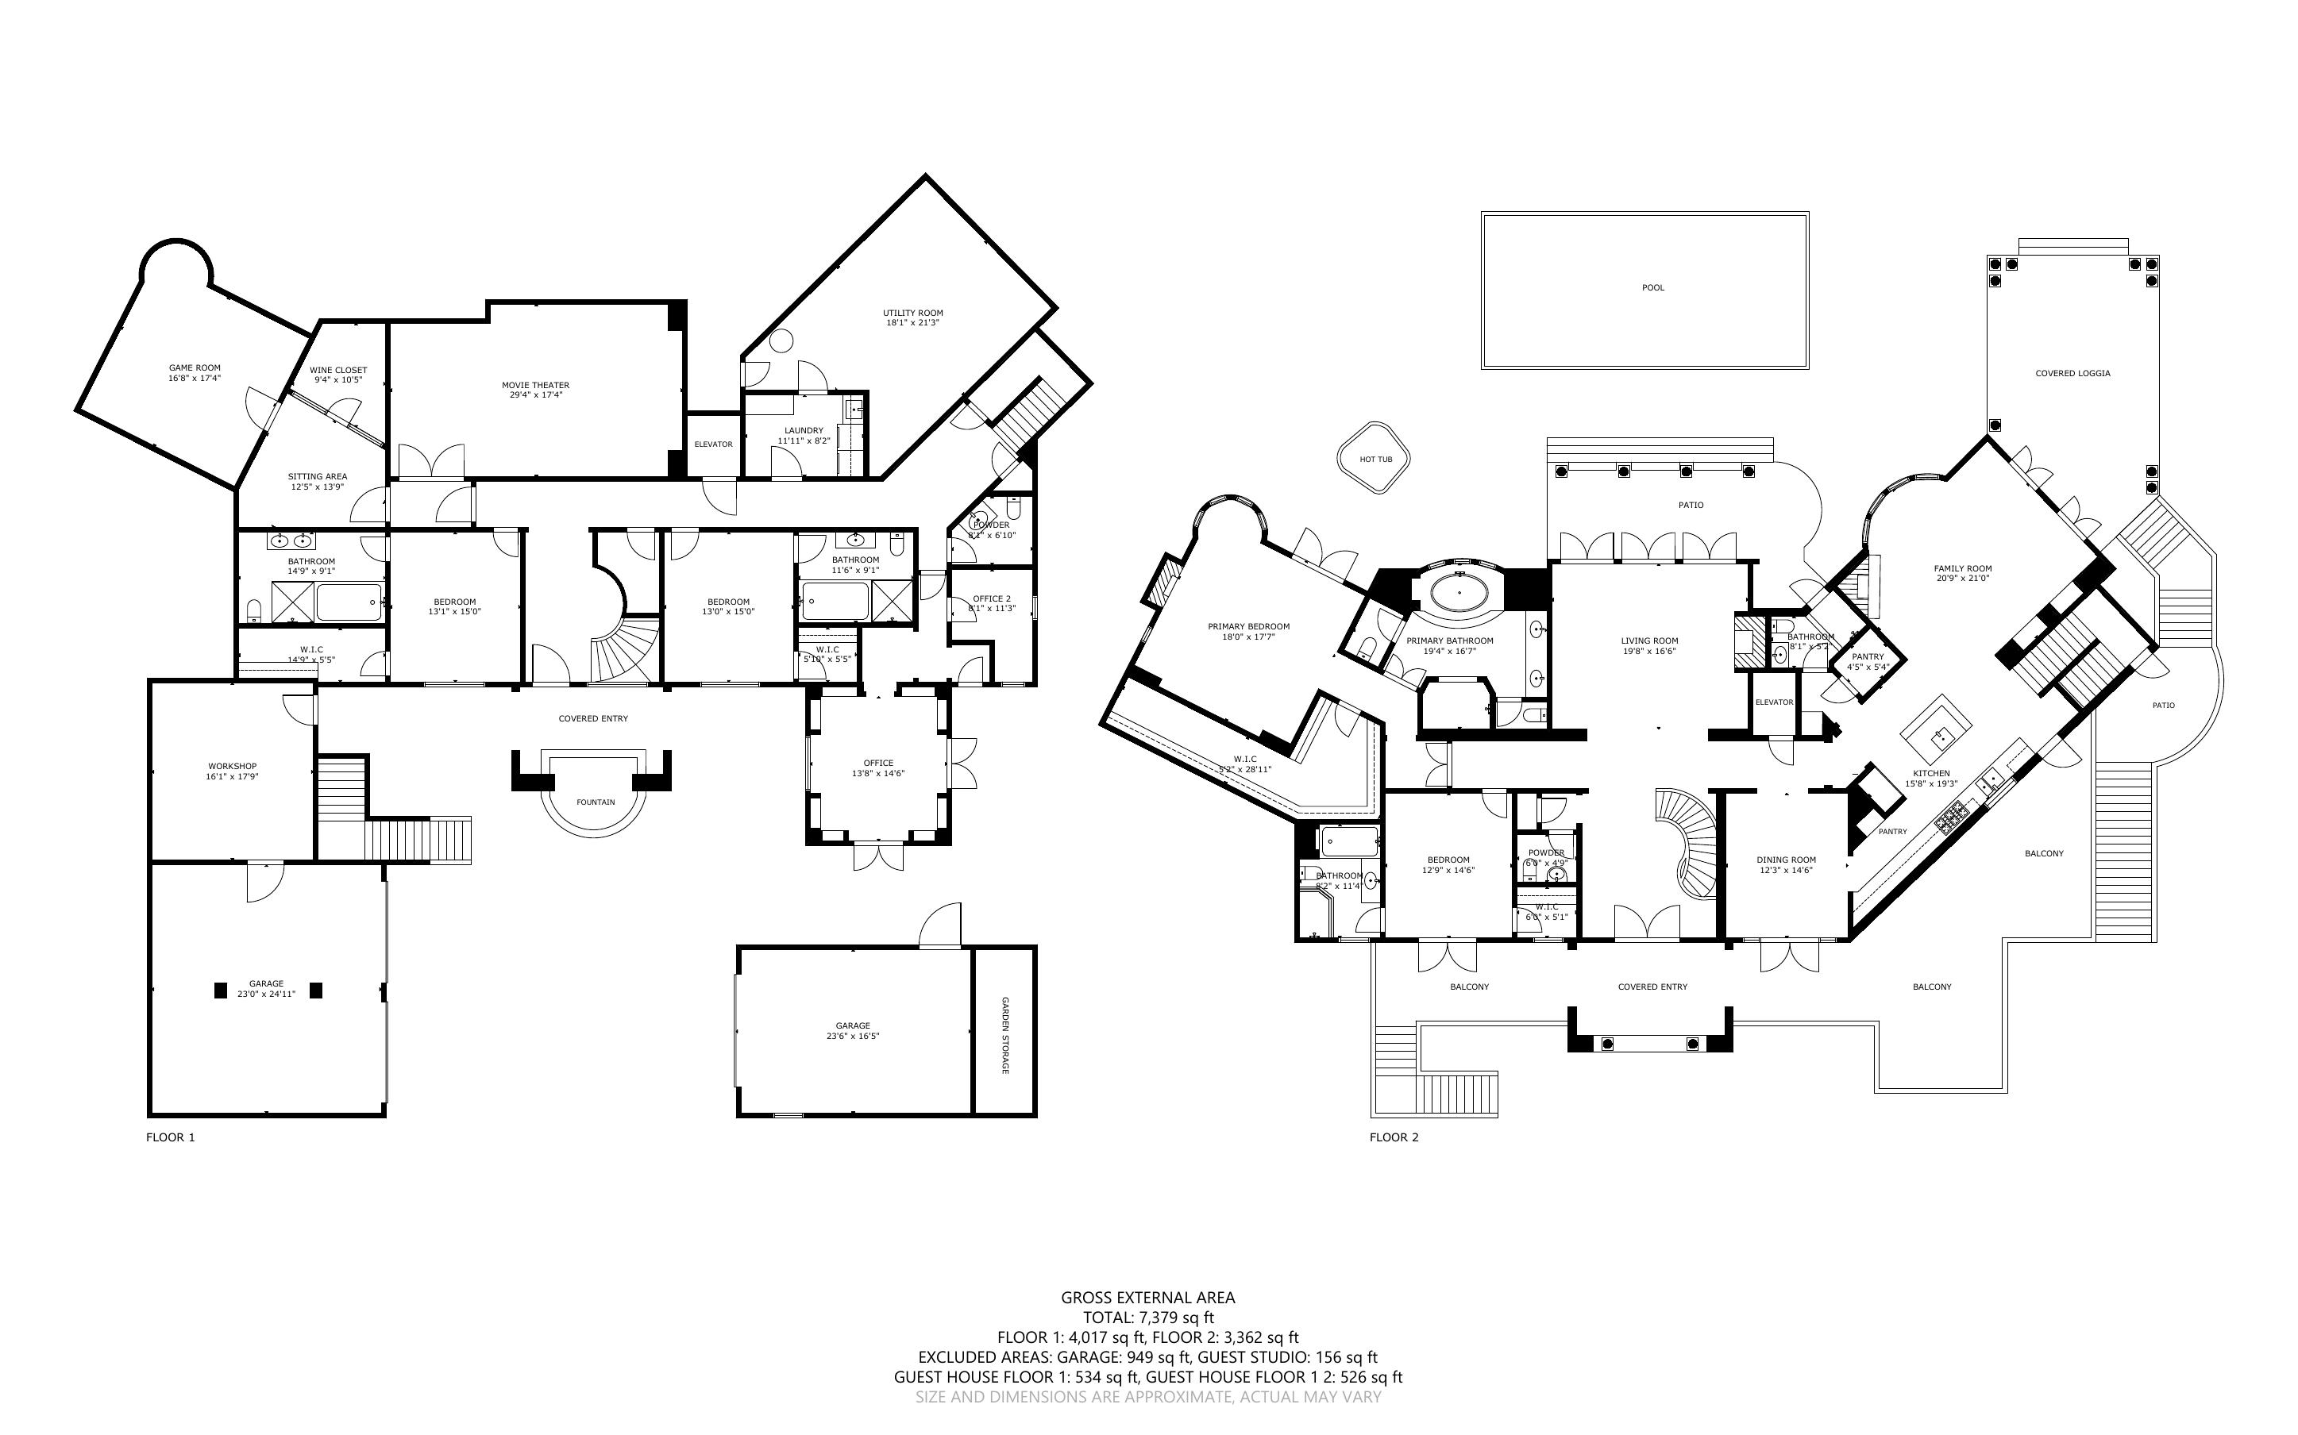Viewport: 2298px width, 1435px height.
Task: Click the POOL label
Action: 1652,287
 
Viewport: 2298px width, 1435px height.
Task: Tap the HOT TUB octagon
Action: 1375,460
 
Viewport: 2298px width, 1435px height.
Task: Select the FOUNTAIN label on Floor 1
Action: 595,802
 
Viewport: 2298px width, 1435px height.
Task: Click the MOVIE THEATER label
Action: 535,385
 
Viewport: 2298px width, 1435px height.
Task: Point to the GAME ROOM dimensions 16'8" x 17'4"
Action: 195,378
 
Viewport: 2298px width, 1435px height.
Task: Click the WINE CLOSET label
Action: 338,370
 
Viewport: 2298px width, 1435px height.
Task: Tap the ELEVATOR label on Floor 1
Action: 713,444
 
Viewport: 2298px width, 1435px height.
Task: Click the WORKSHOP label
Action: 233,766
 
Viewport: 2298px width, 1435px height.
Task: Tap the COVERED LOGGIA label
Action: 2072,373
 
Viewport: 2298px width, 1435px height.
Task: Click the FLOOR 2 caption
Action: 1394,1137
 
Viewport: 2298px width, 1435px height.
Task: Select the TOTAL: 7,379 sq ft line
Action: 1147,1318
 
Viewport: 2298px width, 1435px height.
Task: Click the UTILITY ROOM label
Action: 912,314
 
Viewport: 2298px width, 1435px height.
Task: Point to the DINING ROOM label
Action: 1785,860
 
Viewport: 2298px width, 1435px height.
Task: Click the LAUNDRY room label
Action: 804,430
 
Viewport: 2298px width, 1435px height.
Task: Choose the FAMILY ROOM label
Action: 1962,568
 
